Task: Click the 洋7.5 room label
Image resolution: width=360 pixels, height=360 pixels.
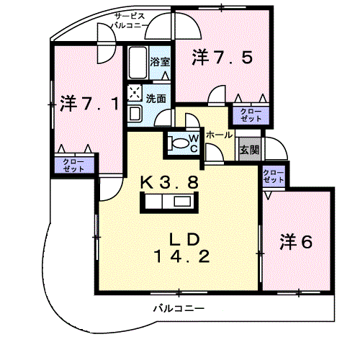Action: tap(222, 58)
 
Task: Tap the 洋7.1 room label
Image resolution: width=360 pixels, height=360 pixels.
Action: tap(89, 104)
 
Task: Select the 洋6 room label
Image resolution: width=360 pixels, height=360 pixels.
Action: tap(297, 242)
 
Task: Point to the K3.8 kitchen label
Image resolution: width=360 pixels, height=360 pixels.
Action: tap(169, 182)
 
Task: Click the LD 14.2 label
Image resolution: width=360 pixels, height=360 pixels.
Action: tap(182, 248)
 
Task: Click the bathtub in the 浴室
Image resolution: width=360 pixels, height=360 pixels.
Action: tap(138, 63)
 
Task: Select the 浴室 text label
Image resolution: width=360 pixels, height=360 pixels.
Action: tap(160, 61)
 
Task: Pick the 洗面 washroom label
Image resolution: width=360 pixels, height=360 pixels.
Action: tap(156, 98)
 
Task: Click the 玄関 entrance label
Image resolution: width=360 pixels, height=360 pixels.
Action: tap(250, 150)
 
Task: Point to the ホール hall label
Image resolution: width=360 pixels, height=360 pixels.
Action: tap(220, 135)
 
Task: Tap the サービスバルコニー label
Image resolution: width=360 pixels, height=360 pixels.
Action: tap(130, 21)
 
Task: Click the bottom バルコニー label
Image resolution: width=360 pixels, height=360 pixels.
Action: tap(179, 308)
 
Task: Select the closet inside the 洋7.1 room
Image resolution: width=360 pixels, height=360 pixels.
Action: tap(74, 165)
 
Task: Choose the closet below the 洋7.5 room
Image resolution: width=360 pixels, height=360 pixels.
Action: tap(251, 115)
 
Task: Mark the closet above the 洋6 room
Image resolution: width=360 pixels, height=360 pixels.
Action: tap(274, 176)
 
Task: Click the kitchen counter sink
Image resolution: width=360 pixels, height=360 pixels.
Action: tap(183, 201)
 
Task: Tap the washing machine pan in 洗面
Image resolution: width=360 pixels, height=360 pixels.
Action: tap(135, 92)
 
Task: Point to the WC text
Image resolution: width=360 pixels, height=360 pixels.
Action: tap(194, 143)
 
